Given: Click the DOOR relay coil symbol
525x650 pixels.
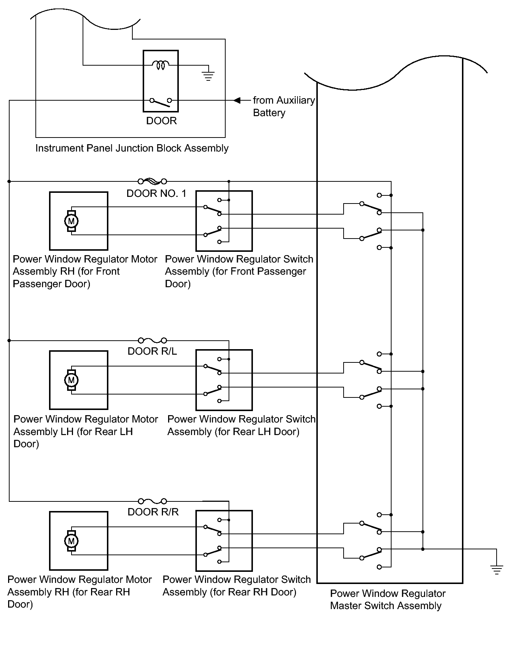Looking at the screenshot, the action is pos(160,65).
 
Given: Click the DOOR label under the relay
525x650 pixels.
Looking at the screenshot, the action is pos(161,121).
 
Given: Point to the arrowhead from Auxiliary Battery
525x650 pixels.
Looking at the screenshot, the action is pos(237,100).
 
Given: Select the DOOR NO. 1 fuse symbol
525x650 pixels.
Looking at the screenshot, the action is pos(152,181).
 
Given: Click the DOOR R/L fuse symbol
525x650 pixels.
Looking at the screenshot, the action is pos(152,340).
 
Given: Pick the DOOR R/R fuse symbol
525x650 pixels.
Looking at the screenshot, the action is pos(152,501).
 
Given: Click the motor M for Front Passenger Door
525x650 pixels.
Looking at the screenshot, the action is pos(72,221).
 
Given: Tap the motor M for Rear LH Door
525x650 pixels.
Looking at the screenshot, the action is pos(71,380).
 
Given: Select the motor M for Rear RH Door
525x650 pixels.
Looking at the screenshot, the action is pos(72,541).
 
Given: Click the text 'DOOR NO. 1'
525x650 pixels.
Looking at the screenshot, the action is pos(157,194).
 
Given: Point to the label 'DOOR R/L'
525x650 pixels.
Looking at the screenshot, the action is pos(152,351).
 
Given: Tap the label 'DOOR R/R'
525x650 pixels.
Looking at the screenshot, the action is pos(153,512).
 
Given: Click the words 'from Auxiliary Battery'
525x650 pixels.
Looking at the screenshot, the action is pos(284,106).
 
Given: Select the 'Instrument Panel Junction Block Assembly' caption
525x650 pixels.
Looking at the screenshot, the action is pos(132,148).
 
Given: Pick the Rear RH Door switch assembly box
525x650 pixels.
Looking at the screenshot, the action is pos(224,540).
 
